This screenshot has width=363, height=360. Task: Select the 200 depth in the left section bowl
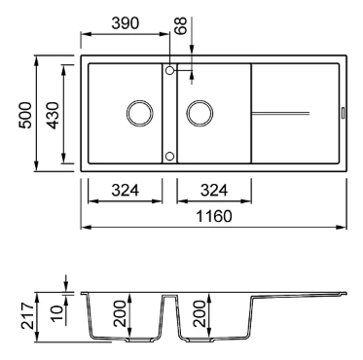[x=121, y=314]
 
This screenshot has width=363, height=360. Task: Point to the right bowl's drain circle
[x=201, y=112]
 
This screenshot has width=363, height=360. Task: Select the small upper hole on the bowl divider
[x=170, y=70]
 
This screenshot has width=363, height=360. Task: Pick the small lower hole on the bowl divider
[x=170, y=155]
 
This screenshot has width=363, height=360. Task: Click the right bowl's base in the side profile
[x=210, y=342]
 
